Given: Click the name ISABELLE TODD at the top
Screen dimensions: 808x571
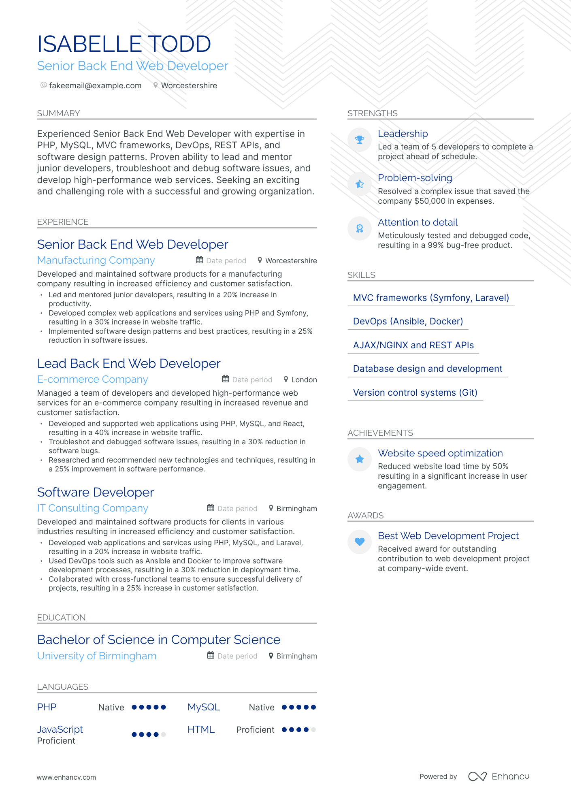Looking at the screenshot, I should coord(124,44).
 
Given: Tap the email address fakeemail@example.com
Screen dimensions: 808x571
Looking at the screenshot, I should coord(95,85).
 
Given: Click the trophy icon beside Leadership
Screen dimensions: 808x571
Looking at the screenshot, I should coord(359,140).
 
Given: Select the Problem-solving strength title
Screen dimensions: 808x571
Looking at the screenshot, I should coord(415,178).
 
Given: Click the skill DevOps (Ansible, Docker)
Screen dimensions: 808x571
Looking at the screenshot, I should coord(407,322).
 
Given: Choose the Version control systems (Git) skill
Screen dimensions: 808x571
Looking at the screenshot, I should coord(415,393).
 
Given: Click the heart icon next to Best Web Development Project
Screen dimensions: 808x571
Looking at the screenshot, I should coord(359,542).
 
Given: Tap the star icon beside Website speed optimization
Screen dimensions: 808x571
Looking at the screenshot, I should coord(359,459).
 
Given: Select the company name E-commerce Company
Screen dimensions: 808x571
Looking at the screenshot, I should coord(92,379).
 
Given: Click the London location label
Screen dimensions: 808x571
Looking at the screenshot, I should coord(304,380).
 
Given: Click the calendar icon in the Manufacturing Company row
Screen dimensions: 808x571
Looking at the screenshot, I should coord(200,260).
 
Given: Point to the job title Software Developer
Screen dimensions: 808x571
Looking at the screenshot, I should coord(95,492).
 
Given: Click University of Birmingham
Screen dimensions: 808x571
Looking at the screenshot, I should coord(96,656).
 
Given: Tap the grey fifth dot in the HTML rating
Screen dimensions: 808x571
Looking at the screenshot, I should coord(313,730).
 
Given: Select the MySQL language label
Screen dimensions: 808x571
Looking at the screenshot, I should coord(203,708).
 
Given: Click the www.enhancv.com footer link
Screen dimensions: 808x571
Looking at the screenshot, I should coord(66,778).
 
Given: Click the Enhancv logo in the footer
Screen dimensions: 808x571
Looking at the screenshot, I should coord(499,776).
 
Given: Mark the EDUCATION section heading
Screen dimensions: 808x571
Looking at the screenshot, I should coord(61,618).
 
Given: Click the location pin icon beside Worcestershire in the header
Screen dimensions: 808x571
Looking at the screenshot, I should coord(156,85).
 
